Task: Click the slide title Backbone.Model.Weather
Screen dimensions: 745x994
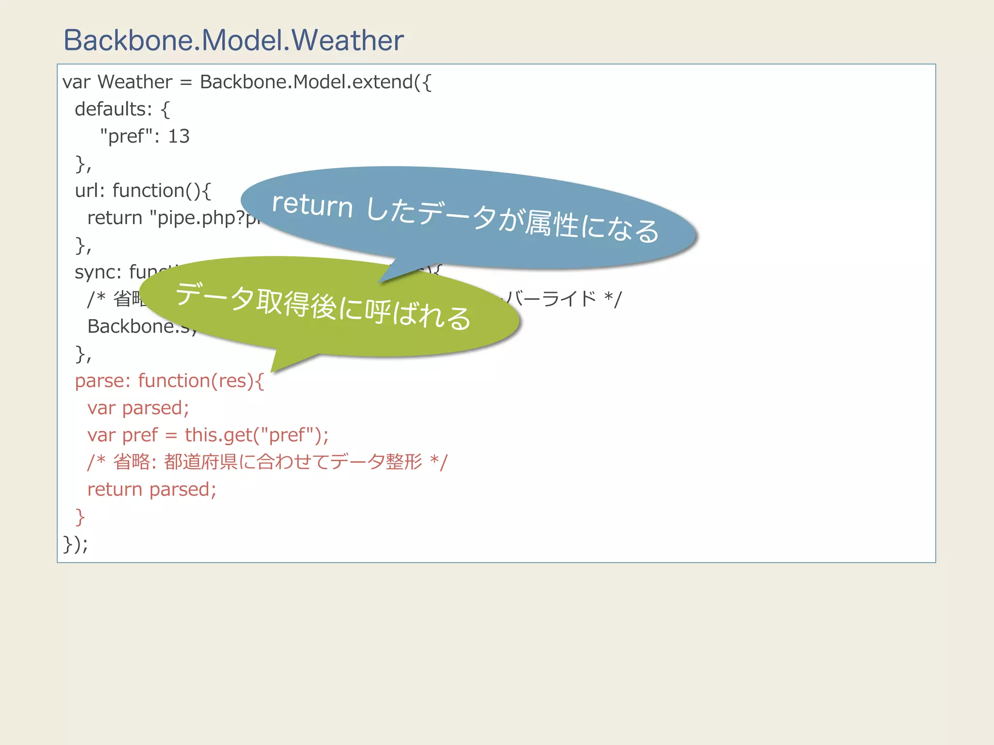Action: [x=233, y=40]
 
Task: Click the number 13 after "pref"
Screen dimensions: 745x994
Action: [x=179, y=136]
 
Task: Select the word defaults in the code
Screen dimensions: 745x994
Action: [x=110, y=109]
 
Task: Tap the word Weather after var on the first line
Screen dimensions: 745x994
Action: [x=135, y=82]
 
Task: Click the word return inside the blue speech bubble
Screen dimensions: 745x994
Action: [x=312, y=206]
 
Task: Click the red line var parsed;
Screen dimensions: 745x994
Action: [x=138, y=408]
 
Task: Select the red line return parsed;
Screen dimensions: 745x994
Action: [x=151, y=489]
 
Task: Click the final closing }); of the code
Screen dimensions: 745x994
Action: [x=75, y=544]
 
